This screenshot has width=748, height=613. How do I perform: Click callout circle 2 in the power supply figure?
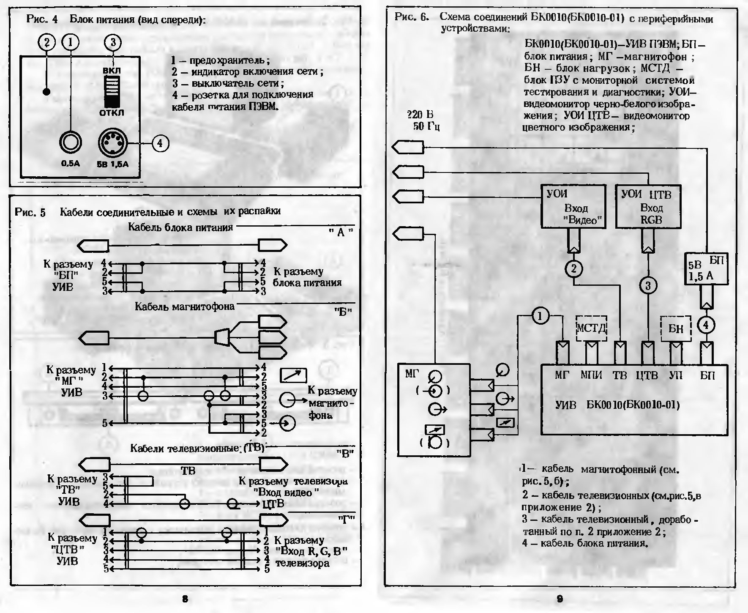(x=47, y=42)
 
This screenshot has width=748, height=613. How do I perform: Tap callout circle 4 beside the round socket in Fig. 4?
(x=160, y=144)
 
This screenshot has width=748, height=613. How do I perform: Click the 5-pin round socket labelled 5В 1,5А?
(x=112, y=144)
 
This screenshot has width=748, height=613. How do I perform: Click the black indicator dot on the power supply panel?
(x=47, y=92)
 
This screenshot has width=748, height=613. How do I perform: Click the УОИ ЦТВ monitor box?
(x=648, y=207)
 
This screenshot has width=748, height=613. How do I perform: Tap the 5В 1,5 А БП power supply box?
(x=706, y=269)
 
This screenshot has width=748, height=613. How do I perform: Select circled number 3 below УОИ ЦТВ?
(x=648, y=286)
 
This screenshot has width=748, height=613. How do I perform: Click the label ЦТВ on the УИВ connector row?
(x=647, y=375)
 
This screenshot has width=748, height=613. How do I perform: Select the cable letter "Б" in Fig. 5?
(x=343, y=312)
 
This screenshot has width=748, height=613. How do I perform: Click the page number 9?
(x=560, y=599)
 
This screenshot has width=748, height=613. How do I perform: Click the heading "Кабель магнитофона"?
(x=184, y=306)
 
